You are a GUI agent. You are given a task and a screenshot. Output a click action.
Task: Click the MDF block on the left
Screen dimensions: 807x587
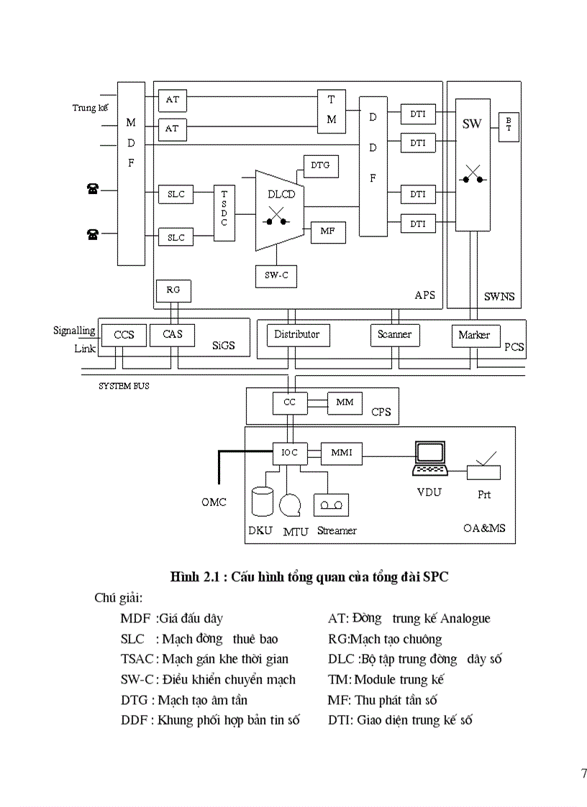(131, 173)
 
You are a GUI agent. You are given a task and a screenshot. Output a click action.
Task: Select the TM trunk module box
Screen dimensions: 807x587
(332, 111)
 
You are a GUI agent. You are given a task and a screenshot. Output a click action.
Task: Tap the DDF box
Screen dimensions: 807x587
(373, 165)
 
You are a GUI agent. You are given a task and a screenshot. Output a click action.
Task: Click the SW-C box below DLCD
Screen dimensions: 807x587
(276, 276)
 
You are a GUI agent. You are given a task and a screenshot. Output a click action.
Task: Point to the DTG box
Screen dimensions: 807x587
(320, 166)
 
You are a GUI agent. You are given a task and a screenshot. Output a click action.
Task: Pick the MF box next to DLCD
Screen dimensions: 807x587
(327, 232)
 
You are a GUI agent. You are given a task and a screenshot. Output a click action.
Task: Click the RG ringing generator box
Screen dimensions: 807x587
(173, 290)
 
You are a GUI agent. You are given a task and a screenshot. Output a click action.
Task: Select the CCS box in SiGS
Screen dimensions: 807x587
(124, 335)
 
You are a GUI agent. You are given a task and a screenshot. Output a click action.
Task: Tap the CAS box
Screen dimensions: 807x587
(173, 335)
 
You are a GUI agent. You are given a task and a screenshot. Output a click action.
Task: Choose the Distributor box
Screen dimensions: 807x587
(296, 335)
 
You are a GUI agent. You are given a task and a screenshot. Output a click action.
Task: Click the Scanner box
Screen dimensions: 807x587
(395, 335)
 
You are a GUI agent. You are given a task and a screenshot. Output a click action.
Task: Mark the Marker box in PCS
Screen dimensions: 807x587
(475, 336)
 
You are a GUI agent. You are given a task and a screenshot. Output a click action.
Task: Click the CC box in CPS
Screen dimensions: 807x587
(290, 403)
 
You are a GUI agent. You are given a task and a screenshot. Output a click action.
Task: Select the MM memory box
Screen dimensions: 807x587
(345, 402)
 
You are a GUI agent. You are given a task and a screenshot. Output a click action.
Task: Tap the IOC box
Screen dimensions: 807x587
(290, 453)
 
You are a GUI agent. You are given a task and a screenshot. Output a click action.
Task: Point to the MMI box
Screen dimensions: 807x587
(342, 453)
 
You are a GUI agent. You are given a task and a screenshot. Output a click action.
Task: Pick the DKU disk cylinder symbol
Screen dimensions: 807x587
(263, 502)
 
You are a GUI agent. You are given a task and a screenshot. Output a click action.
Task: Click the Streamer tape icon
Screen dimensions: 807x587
(332, 505)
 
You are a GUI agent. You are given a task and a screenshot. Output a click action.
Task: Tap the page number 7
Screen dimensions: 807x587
(583, 773)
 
